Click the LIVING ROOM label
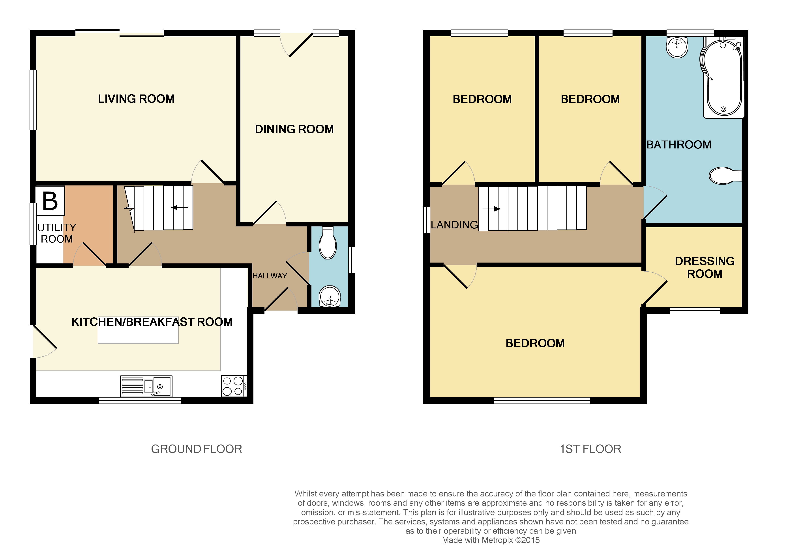136,99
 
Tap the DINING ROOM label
294,129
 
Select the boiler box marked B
50,201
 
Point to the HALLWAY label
270,276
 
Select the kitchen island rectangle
138,334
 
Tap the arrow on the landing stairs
492,209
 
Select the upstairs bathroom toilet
724,176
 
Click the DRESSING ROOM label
704,267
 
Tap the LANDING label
454,225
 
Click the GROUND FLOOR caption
196,449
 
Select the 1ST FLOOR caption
590,449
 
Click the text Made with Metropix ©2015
491,540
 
